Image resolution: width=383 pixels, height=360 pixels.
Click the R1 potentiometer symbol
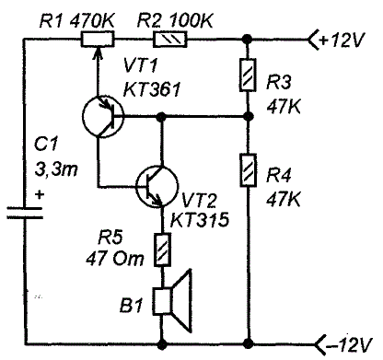click(x=98, y=40)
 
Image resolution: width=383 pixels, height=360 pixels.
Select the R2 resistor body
click(x=169, y=40)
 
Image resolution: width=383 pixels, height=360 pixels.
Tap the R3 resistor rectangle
click(x=248, y=75)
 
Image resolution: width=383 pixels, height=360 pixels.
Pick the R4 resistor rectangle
click(x=248, y=169)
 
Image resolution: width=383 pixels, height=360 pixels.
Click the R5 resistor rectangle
click(x=162, y=250)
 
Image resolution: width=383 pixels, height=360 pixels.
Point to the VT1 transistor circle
click(x=103, y=117)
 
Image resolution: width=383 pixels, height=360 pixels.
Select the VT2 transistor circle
click(x=157, y=186)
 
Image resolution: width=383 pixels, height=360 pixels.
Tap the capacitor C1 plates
click(x=25, y=213)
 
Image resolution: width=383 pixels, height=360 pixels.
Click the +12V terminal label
click(x=342, y=40)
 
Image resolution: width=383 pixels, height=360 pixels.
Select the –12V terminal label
click(x=349, y=344)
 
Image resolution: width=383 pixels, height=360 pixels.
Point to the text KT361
click(x=152, y=89)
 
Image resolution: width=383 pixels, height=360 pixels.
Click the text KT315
click(x=200, y=219)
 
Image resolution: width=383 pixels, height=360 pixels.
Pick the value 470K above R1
click(x=92, y=21)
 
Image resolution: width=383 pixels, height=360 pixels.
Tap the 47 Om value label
click(x=115, y=259)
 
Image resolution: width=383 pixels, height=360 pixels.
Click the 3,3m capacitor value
click(x=56, y=169)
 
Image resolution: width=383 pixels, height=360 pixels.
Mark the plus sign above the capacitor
click(x=39, y=194)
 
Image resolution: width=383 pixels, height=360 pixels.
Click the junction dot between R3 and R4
click(x=248, y=117)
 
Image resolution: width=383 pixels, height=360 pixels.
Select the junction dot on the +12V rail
click(x=248, y=40)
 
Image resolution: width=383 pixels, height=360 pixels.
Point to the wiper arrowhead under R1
click(x=98, y=52)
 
